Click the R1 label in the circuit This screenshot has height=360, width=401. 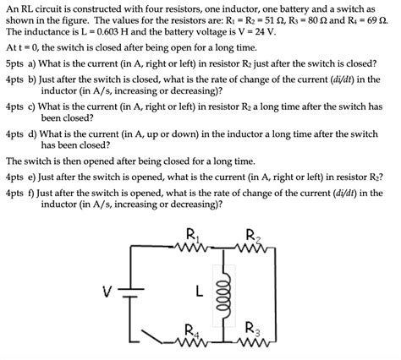pos(192,236)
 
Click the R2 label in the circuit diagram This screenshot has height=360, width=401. pos(252,236)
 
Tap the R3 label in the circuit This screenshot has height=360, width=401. pos(251,329)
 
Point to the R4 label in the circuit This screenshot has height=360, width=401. pos(192,330)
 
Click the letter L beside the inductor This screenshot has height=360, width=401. pos(197,292)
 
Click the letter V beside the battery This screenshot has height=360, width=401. pos(107,292)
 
